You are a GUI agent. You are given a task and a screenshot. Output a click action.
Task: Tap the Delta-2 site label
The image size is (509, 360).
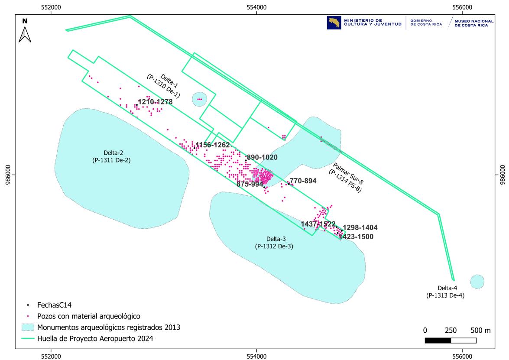click(x=111, y=156)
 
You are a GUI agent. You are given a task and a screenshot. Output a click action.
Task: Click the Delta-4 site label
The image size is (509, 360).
click(x=446, y=292)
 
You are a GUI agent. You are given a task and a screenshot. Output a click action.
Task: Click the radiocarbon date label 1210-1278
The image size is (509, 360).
click(x=155, y=102)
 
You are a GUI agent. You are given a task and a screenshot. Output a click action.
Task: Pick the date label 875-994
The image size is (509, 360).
click(x=250, y=184)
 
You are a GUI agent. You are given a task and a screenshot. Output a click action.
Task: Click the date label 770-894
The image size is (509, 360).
click(x=303, y=181)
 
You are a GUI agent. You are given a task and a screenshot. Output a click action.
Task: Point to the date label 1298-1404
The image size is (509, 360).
click(x=360, y=228)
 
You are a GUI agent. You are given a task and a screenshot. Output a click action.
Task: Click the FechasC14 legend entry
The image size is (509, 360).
click(x=54, y=305)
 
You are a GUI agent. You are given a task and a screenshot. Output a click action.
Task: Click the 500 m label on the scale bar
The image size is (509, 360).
click(x=481, y=330)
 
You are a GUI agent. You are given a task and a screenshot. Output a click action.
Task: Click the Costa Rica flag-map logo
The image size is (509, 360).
click(x=334, y=23)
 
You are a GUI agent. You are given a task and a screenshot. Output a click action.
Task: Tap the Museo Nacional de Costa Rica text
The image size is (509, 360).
click(x=474, y=23)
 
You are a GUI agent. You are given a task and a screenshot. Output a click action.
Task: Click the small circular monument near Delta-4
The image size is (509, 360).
click(x=477, y=282)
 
